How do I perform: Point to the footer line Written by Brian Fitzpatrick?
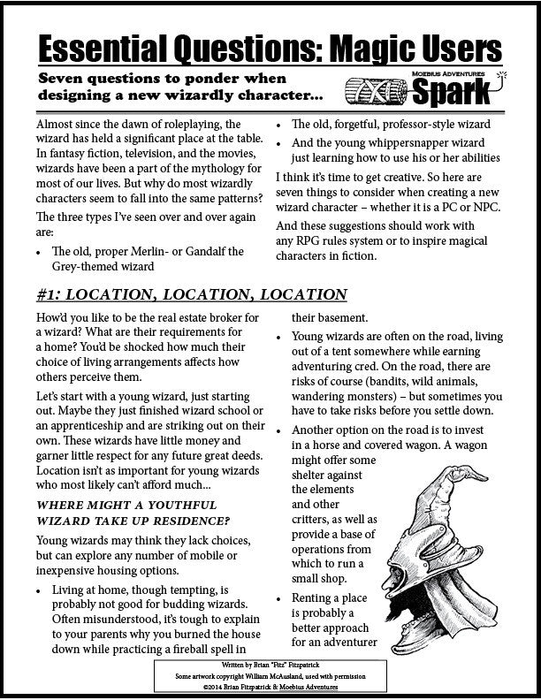tap(270, 661)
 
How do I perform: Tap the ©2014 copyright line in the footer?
tap(270, 684)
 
